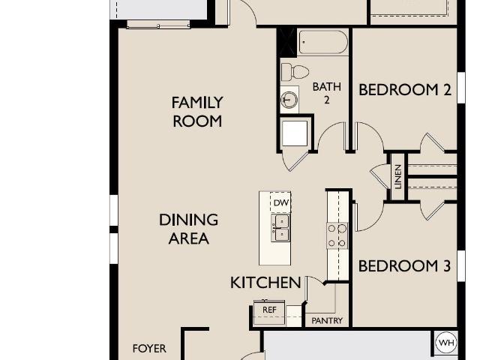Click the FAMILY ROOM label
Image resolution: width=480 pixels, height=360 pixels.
tap(197, 112)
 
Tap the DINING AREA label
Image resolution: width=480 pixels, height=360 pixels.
tap(188, 229)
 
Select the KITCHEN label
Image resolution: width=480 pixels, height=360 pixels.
tap(265, 283)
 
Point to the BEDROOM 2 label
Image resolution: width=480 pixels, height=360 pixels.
tap(405, 90)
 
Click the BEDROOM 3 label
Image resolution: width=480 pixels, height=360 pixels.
tap(404, 265)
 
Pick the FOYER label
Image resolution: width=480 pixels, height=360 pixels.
tap(149, 348)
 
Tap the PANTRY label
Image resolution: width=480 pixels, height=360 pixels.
tap(327, 321)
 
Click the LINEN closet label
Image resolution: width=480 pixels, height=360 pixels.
tap(398, 177)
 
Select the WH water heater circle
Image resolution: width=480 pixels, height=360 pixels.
tap(446, 343)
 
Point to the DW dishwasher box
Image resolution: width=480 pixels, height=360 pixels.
tap(280, 202)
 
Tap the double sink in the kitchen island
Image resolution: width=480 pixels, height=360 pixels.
tap(280, 228)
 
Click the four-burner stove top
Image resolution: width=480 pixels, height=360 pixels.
tap(337, 235)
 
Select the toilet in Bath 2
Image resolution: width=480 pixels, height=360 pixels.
tap(295, 72)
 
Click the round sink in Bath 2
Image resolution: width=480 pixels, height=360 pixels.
tap(289, 100)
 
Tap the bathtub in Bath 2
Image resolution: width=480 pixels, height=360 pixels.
tap(323, 42)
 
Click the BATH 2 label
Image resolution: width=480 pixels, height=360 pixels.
tap(327, 93)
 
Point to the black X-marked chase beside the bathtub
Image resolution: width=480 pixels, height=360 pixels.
tap(286, 42)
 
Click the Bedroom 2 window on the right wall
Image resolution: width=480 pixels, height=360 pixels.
tap(461, 88)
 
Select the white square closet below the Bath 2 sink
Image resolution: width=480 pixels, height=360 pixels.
tap(295, 133)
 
